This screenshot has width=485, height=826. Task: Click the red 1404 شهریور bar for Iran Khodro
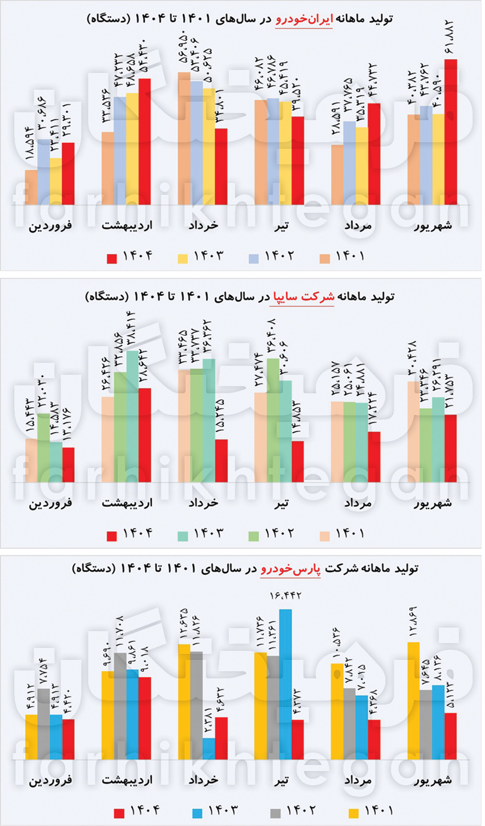450,131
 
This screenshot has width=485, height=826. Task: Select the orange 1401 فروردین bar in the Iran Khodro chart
31,187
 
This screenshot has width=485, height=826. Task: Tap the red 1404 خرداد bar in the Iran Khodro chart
221,166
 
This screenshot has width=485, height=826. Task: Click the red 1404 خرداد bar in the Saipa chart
221,460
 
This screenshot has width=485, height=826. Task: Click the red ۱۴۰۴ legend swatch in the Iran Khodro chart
112,258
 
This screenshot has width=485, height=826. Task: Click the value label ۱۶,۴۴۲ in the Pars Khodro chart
286,595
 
